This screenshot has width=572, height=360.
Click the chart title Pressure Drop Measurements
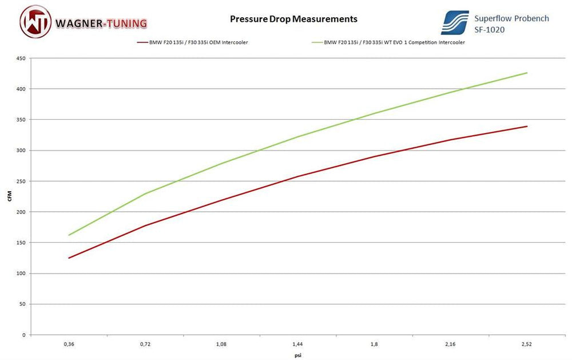click(x=293, y=19)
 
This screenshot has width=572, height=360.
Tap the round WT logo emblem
click(x=36, y=22)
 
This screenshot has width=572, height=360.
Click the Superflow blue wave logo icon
click(x=455, y=23)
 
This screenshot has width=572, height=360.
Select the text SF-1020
click(x=489, y=29)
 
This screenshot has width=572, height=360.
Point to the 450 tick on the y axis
click(x=21, y=58)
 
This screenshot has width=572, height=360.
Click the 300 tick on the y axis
click(x=21, y=151)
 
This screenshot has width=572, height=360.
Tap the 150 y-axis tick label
click(x=21, y=243)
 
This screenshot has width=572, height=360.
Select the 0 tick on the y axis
click(x=23, y=335)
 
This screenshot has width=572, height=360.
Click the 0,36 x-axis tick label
click(x=69, y=344)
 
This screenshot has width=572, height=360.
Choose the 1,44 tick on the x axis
click(x=298, y=344)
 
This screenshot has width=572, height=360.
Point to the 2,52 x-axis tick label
click(x=527, y=344)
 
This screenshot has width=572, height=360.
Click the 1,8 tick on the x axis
click(x=374, y=344)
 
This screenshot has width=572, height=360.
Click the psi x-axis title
click(x=298, y=355)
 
